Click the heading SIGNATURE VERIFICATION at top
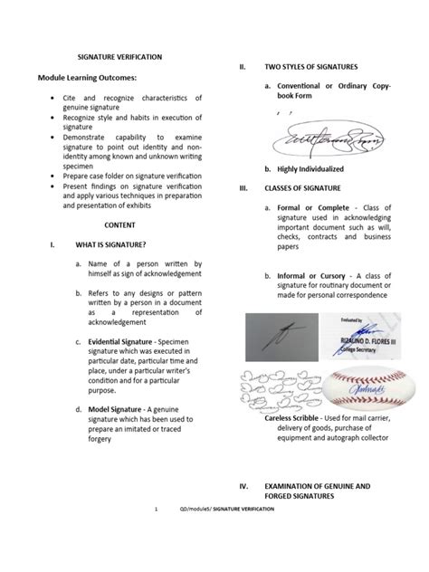121,56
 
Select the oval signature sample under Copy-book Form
322,140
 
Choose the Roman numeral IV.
244,486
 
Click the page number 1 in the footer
157,535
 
